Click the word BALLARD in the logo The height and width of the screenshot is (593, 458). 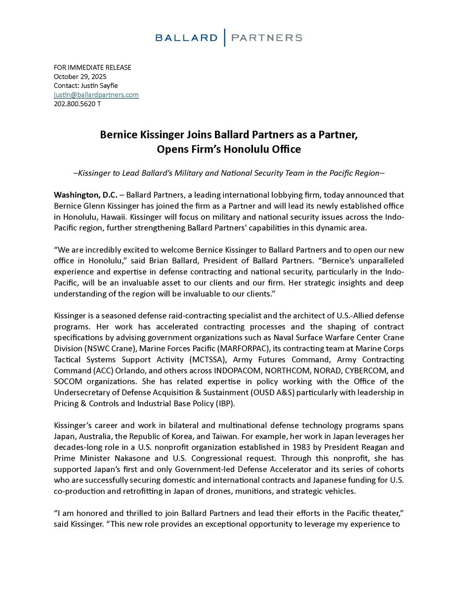(186, 38)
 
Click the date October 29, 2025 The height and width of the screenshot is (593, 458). (80, 77)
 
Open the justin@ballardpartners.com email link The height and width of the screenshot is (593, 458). (96, 94)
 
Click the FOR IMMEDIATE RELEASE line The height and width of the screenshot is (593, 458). (92, 68)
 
